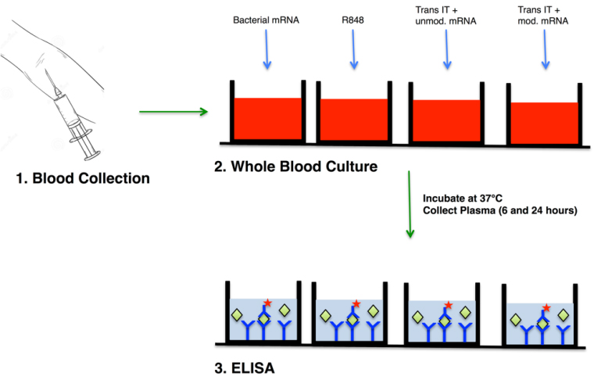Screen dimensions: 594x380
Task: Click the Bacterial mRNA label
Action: coord(266,20)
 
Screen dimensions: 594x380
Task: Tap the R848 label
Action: coord(352,20)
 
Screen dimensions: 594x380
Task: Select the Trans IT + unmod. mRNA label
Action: coord(445,16)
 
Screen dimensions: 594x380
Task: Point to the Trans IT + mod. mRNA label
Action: coord(543,16)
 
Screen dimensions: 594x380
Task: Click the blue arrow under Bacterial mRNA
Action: coord(267,49)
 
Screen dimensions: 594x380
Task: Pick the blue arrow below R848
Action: coord(353,49)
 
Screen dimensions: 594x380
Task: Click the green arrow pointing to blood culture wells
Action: coord(174,112)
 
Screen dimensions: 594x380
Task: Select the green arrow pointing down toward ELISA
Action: coord(410,204)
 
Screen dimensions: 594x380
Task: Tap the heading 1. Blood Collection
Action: coord(83,178)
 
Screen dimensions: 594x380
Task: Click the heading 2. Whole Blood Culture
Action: coord(296,167)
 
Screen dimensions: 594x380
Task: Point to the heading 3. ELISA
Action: coord(245,368)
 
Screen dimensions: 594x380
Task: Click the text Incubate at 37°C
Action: coord(463,199)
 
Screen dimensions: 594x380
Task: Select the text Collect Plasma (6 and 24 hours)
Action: coord(500,210)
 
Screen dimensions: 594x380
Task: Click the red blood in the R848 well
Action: coord(354,120)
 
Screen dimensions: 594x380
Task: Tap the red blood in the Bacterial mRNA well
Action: coord(268,119)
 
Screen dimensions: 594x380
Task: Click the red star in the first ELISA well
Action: coord(268,303)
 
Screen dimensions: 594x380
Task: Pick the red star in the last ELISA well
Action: coord(546,307)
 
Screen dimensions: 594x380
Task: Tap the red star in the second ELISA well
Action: coord(356,304)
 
